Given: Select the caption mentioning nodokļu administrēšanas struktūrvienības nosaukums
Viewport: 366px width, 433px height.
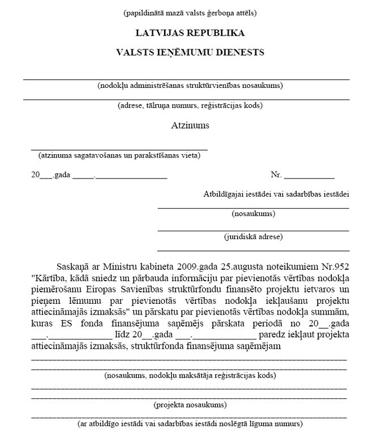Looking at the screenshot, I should pos(190,86).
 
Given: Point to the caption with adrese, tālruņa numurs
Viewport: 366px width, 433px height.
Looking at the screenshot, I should pos(190,105).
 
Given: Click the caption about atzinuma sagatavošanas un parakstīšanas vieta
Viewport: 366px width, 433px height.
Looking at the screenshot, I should pos(119,155).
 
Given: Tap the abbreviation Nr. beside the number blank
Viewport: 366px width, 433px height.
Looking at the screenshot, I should pos(276,175).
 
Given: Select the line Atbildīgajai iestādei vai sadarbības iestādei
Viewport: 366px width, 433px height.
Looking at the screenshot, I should pos(276,194).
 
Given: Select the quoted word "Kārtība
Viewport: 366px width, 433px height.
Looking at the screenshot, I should pos(48,278).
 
